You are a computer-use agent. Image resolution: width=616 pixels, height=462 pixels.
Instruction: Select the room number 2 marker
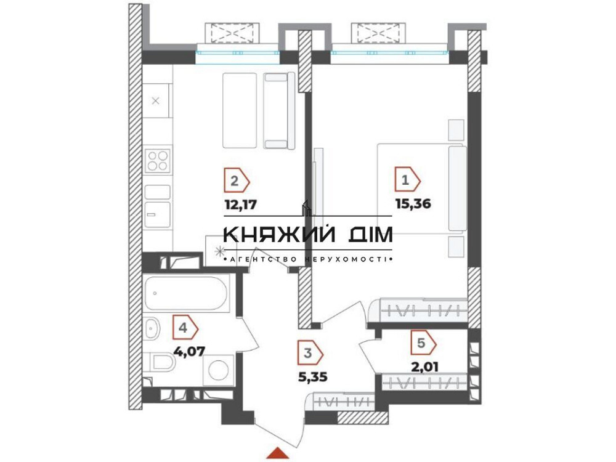pos(235,181)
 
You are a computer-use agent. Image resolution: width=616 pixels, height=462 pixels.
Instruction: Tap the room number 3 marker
pos(309,353)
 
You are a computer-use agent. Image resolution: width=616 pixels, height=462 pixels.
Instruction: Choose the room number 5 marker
pos(423,343)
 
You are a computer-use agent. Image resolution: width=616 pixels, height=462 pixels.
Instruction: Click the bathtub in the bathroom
pos(188,293)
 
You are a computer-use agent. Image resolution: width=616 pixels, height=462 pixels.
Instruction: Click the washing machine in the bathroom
pos(219,371)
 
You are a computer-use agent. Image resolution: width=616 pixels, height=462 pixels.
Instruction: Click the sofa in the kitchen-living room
pos(276,111)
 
